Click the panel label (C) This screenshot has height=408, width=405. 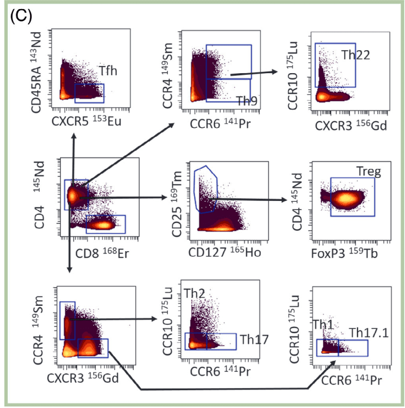tap(21, 16)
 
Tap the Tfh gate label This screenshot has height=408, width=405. tap(107, 71)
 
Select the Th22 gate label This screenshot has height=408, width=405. tap(356, 55)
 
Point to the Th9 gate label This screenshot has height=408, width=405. tap(247, 101)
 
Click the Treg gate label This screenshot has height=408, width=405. tap(369, 172)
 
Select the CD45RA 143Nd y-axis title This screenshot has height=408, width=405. tap(40, 70)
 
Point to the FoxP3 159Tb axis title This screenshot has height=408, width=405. tap(343, 253)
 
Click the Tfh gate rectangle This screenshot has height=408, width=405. tap(89, 93)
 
